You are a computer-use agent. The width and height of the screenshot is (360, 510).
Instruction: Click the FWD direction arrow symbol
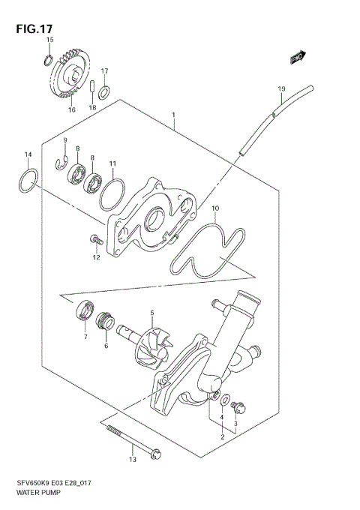[x=297, y=55]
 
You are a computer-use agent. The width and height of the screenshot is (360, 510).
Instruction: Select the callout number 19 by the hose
[x=281, y=89]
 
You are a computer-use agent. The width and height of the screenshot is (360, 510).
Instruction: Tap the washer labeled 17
[x=105, y=92]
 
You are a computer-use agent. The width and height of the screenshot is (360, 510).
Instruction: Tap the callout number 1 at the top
[x=173, y=115]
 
